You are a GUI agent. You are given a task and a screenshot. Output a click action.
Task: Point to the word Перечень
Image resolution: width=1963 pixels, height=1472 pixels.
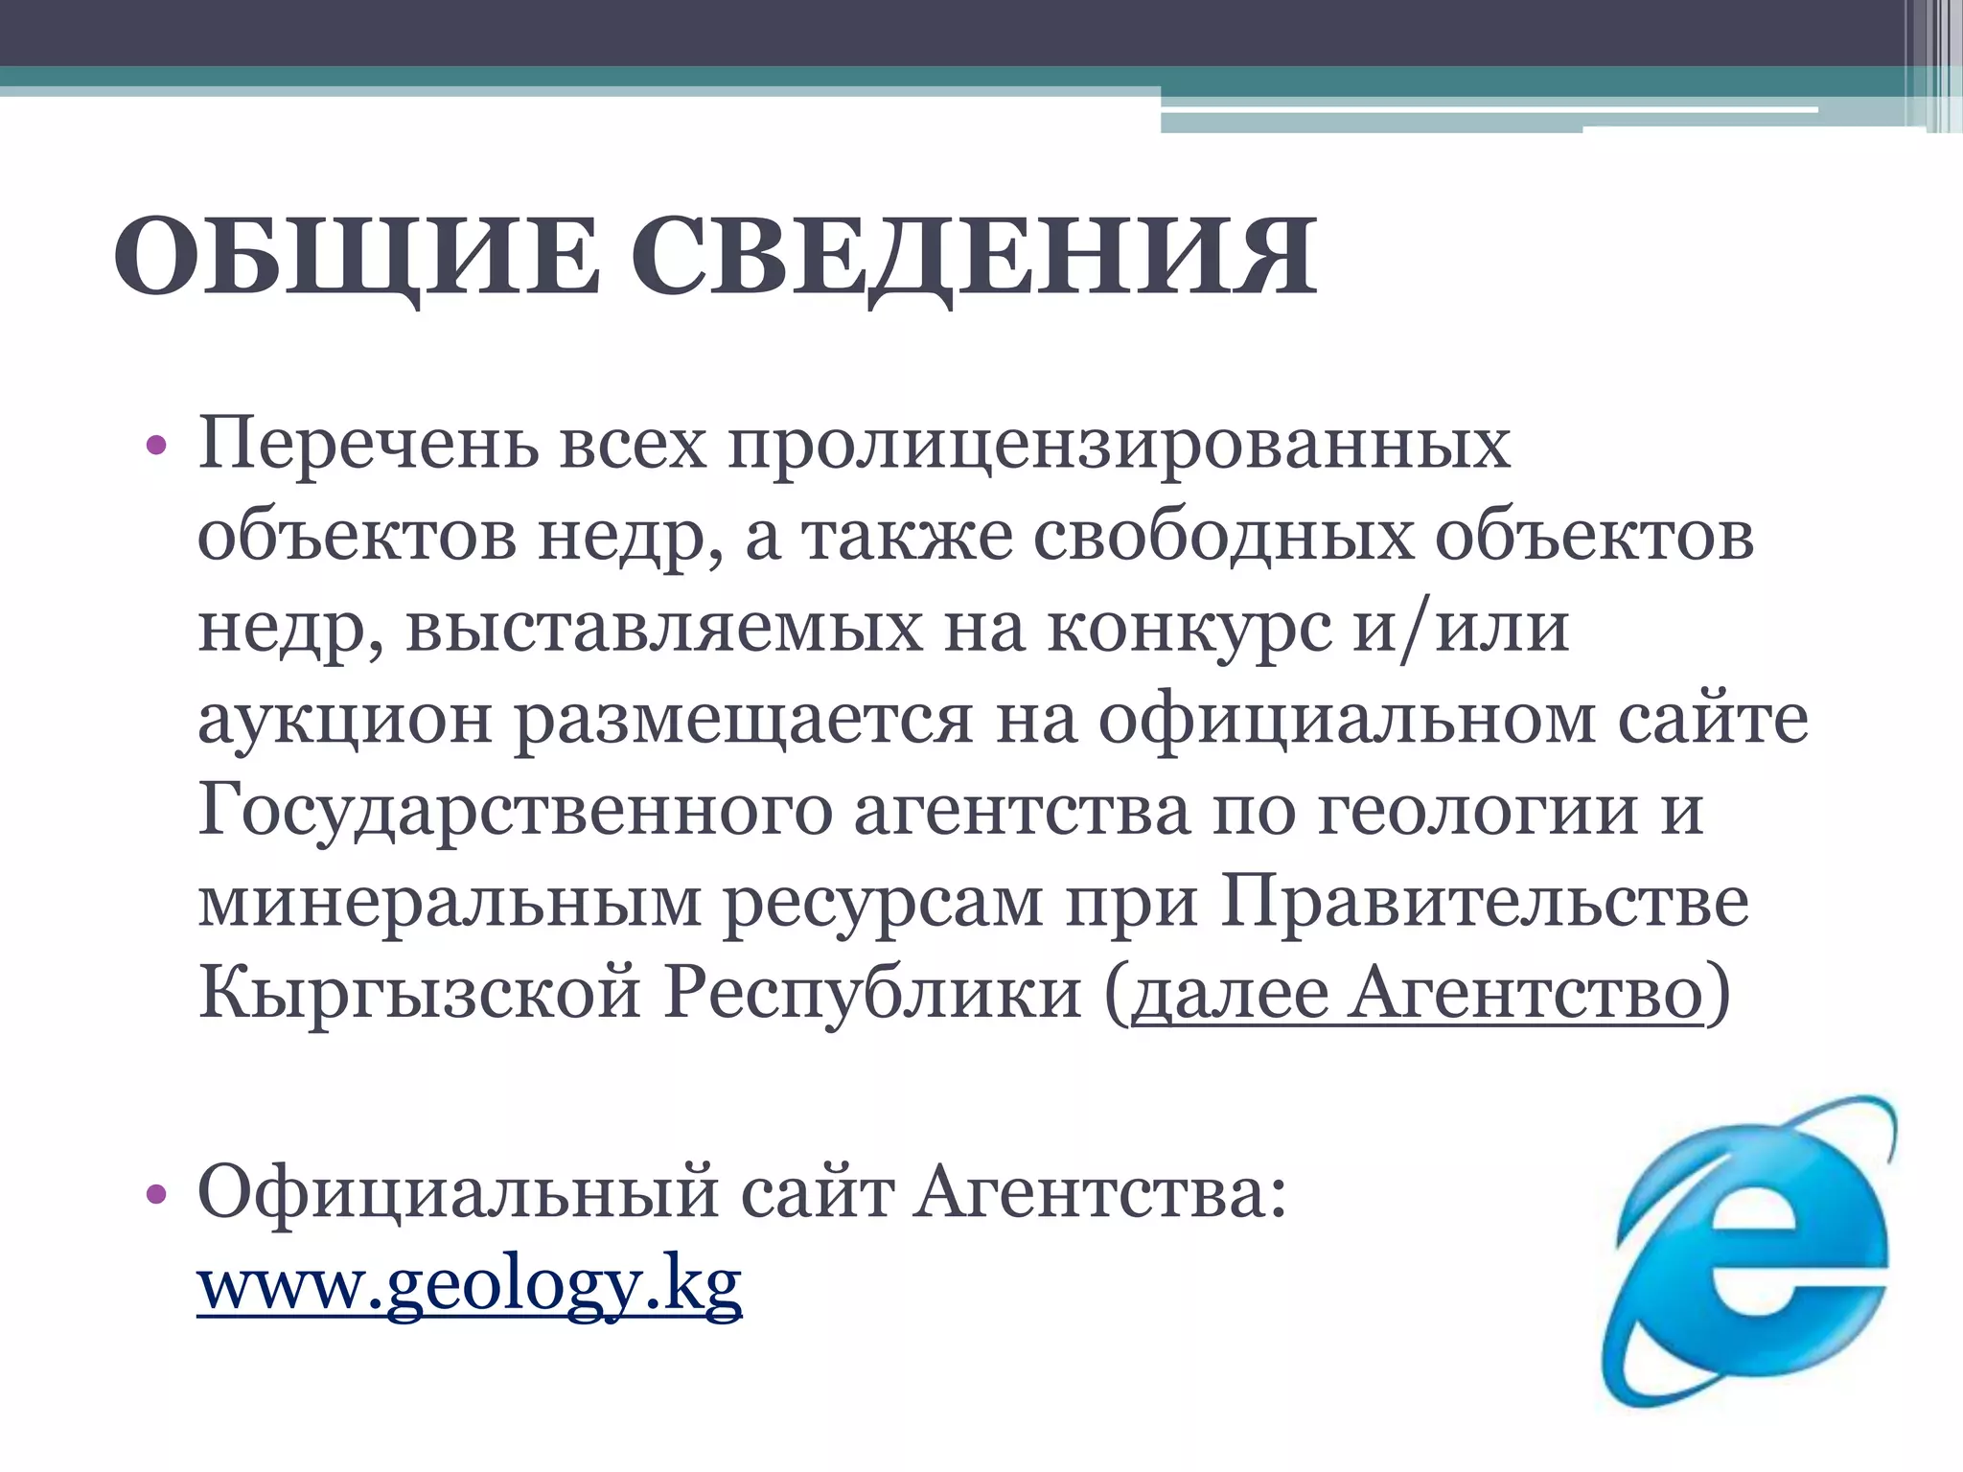click(x=368, y=446)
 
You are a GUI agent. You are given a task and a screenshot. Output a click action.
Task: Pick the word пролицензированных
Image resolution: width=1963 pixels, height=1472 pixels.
click(x=1120, y=446)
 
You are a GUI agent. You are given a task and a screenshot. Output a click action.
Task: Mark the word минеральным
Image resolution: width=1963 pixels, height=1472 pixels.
click(x=450, y=902)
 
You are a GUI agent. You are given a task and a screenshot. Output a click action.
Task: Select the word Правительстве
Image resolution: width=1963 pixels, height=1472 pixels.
click(x=1484, y=902)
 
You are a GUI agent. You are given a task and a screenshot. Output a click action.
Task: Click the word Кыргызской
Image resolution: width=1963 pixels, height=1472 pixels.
click(x=419, y=993)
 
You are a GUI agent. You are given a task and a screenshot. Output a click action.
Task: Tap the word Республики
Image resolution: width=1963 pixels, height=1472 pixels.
click(x=873, y=993)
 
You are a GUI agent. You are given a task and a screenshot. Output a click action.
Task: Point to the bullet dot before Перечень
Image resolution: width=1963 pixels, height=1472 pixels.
click(x=157, y=447)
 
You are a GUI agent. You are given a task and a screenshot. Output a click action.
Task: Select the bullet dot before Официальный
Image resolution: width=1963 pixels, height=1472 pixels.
click(x=157, y=1194)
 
